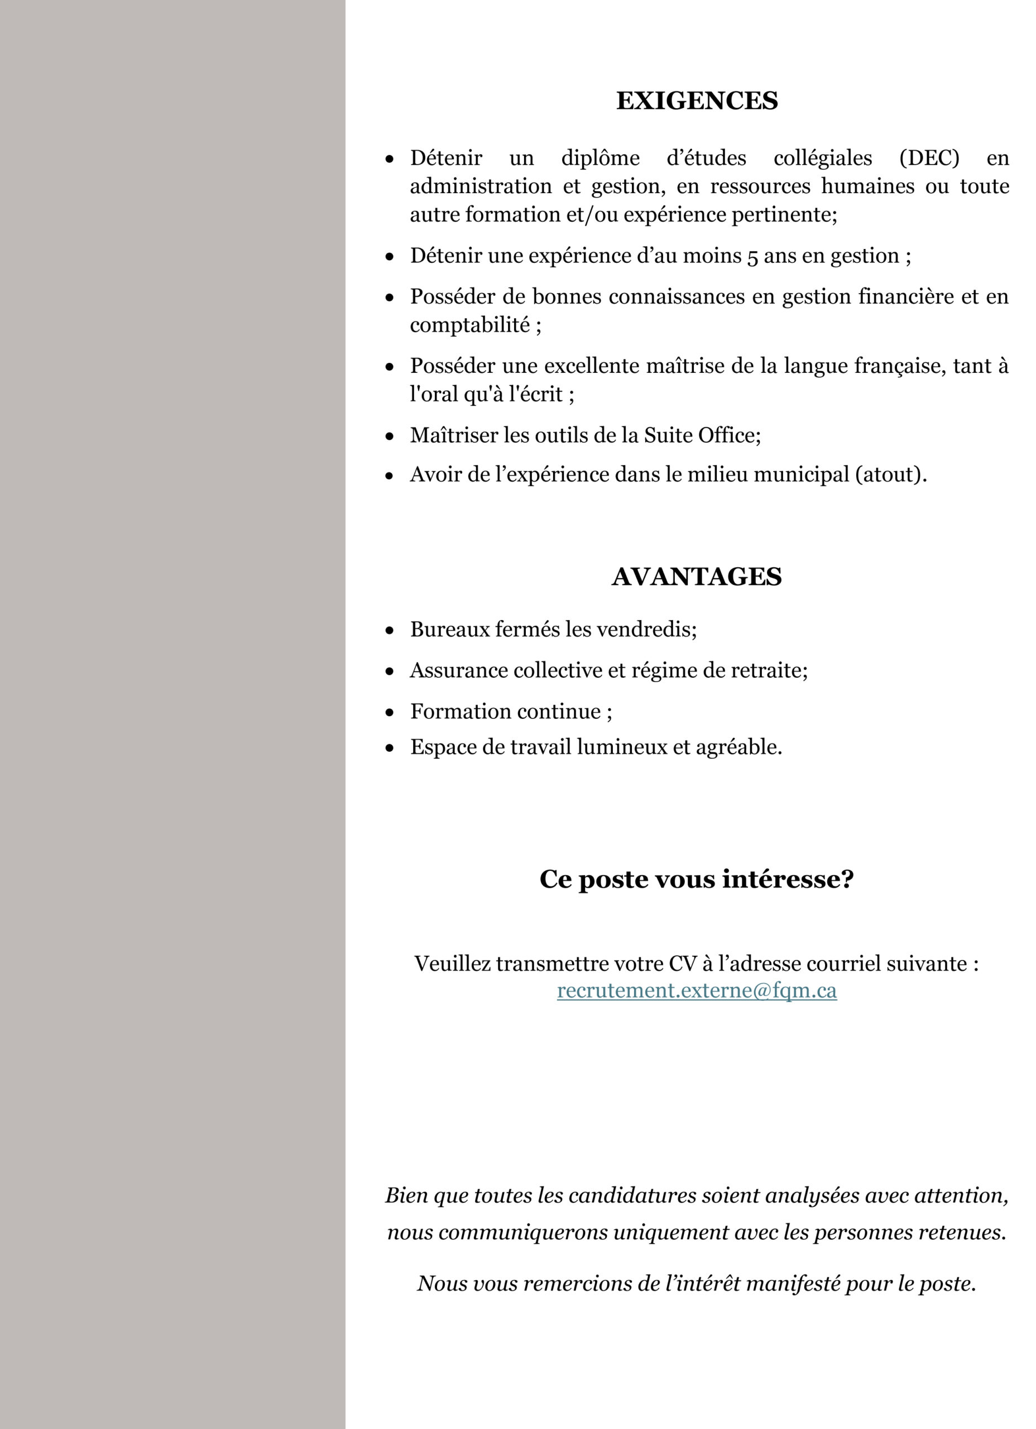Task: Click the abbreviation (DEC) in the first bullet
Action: point(929,157)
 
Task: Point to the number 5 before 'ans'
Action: point(752,256)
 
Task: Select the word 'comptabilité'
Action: point(469,325)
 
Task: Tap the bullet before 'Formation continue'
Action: point(390,712)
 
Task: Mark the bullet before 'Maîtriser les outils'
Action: point(390,436)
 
